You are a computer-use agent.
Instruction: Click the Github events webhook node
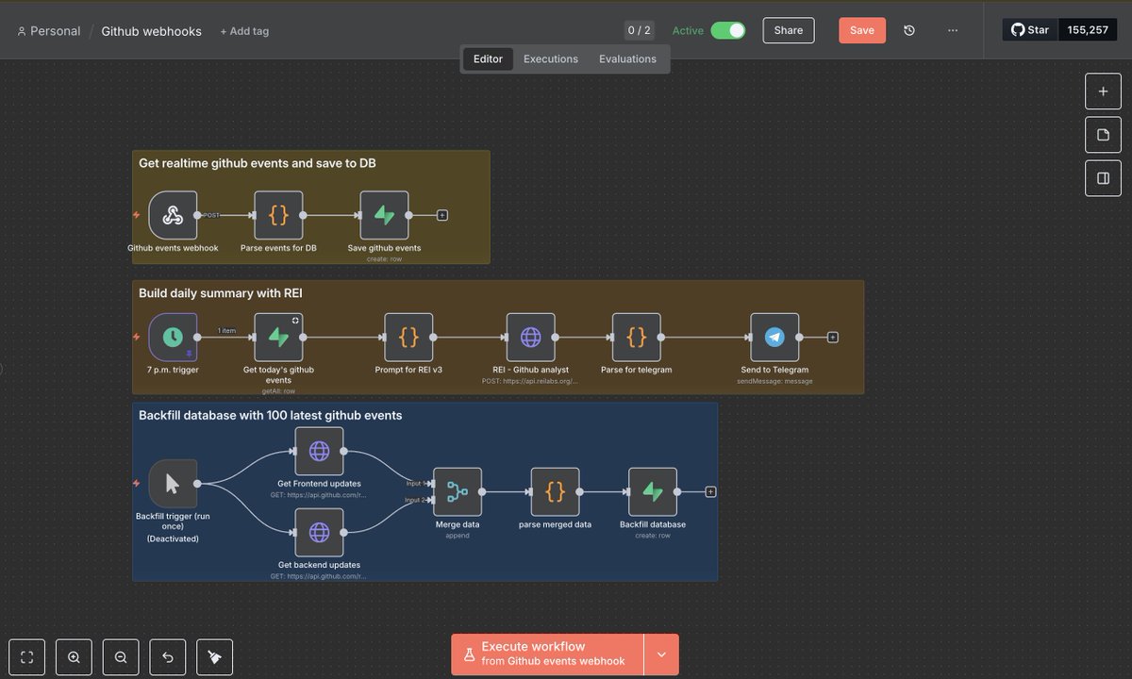(x=173, y=215)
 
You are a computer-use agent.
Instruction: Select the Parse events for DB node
(x=278, y=215)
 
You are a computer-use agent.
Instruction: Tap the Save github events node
(x=384, y=215)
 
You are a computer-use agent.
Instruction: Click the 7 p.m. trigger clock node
(x=173, y=337)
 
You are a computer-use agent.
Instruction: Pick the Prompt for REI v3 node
(x=408, y=337)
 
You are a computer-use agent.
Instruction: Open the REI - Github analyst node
(x=531, y=337)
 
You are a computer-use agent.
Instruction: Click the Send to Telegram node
(x=774, y=337)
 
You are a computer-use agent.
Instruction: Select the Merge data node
(x=458, y=491)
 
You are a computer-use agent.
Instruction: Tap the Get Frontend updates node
(x=319, y=451)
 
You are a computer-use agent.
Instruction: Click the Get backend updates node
(x=319, y=532)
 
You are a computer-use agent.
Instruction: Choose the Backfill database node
(x=653, y=491)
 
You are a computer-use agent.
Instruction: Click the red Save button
(x=862, y=30)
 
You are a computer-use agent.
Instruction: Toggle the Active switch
(x=727, y=30)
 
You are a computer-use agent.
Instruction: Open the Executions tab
(x=551, y=58)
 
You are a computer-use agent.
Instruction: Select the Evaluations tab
(x=627, y=58)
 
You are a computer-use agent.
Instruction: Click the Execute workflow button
(x=548, y=654)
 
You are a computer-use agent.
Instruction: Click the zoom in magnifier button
(x=74, y=657)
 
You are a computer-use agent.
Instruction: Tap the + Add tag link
(x=244, y=31)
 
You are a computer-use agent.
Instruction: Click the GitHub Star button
(x=1030, y=30)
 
